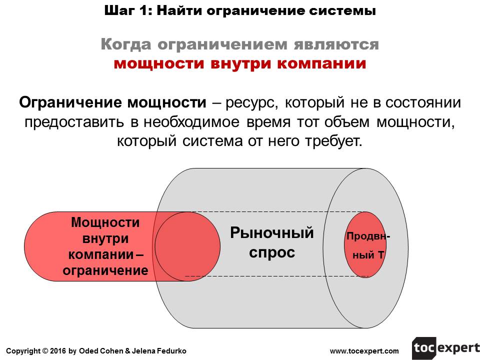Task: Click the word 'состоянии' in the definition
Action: click(423, 103)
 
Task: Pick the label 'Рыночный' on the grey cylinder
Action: click(271, 233)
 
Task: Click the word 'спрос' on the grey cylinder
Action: click(272, 252)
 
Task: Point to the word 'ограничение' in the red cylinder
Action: click(105, 270)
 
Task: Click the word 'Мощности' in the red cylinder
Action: click(105, 222)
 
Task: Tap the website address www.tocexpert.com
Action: click(364, 351)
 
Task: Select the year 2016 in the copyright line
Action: click(57, 351)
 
